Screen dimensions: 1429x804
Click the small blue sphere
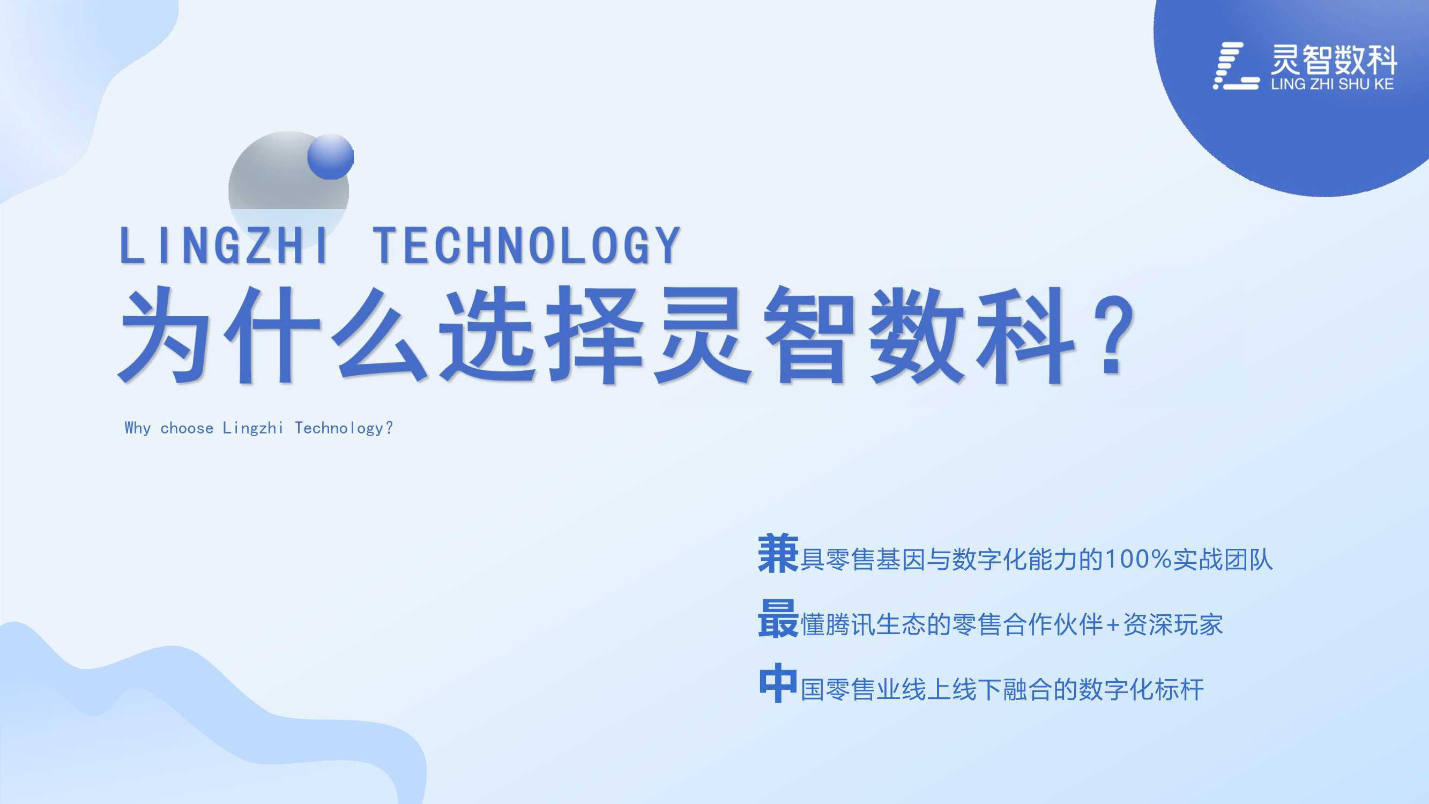[330, 157]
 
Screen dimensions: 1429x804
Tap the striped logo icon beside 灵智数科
[1236, 65]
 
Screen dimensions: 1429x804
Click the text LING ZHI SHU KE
[1332, 84]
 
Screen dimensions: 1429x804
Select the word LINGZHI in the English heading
[224, 245]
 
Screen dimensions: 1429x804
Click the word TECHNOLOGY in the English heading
[526, 245]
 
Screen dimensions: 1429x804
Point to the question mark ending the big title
[1113, 335]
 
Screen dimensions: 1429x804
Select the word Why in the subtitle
[138, 428]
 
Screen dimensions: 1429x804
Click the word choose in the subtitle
[187, 428]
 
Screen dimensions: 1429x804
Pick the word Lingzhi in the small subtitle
[253, 428]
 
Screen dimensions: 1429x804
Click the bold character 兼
[778, 553]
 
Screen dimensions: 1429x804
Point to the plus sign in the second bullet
[1112, 626]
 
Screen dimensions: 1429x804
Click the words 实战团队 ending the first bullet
[1223, 559]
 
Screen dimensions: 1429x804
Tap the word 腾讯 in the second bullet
[850, 624]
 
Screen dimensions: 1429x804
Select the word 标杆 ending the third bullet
[1179, 690]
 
